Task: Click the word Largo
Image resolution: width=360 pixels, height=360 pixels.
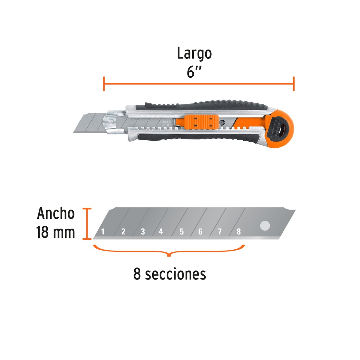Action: click(x=194, y=54)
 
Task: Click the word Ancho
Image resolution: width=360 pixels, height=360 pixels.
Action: click(x=56, y=213)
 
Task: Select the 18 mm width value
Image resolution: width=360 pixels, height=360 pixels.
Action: click(x=56, y=232)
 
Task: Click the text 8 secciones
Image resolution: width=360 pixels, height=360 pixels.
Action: click(x=169, y=274)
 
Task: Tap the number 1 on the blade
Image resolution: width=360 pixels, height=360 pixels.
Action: click(x=103, y=232)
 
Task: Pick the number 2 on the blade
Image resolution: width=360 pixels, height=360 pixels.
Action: click(x=123, y=232)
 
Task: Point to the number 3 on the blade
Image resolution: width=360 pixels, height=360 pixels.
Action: click(x=143, y=232)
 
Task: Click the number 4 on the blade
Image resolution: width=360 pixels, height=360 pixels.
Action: click(x=161, y=232)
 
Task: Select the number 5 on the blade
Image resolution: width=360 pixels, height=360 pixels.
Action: click(x=182, y=232)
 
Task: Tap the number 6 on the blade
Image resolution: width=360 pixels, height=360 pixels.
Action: click(x=200, y=232)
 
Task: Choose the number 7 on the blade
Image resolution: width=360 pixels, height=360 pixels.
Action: click(x=220, y=232)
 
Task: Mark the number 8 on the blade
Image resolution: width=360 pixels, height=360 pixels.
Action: click(x=239, y=232)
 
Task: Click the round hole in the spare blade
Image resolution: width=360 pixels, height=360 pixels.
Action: click(x=264, y=226)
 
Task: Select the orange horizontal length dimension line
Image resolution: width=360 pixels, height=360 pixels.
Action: click(x=199, y=84)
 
